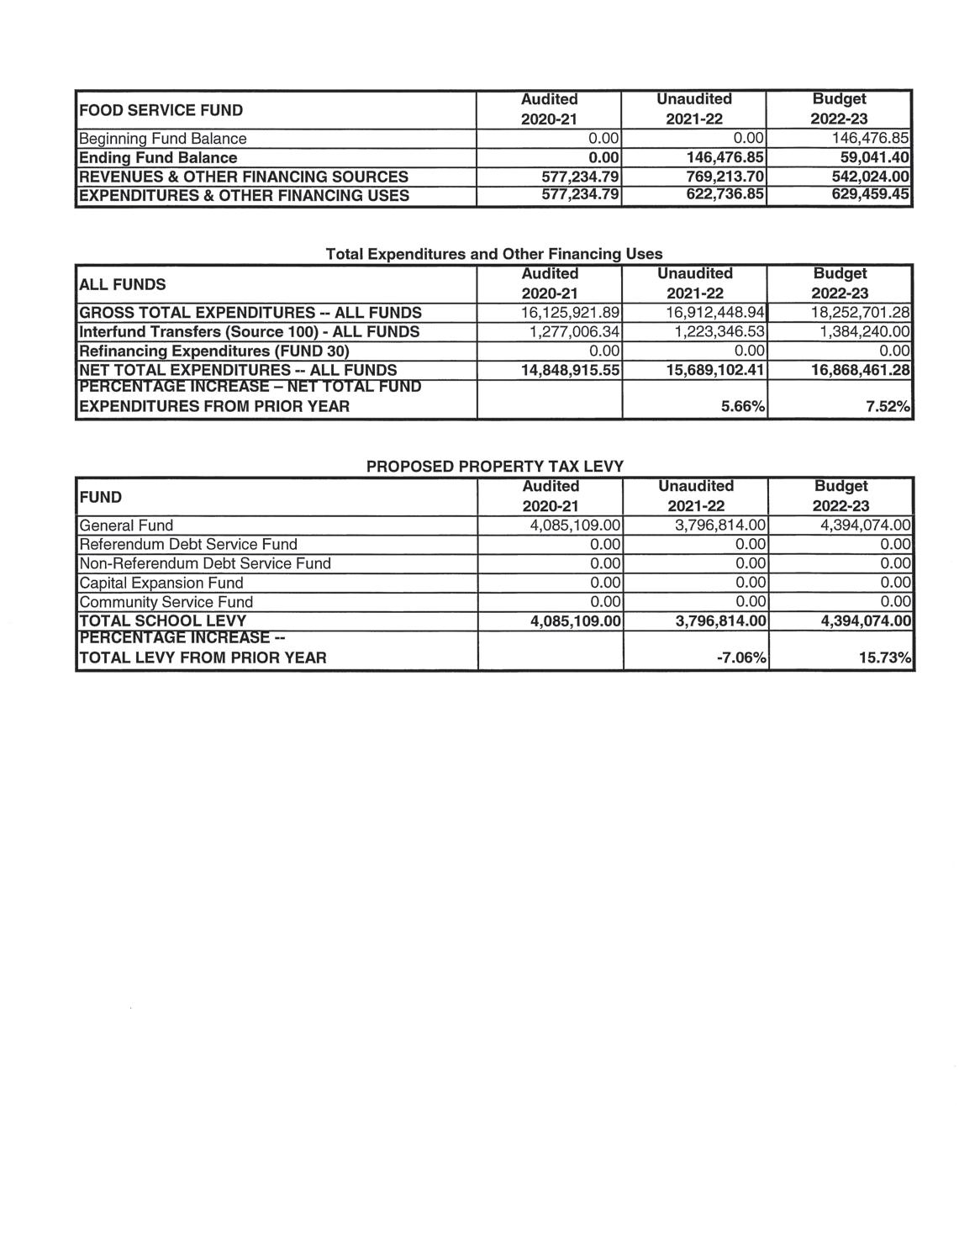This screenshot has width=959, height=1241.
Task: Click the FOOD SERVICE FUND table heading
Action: tap(161, 110)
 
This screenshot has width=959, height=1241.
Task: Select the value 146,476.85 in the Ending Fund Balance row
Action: tap(725, 158)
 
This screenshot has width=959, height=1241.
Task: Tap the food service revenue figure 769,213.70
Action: tap(725, 177)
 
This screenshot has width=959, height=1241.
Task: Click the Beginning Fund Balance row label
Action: tap(162, 139)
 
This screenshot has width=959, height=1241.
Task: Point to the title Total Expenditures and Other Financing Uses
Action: tap(493, 253)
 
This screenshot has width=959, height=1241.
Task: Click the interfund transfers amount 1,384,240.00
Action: tap(865, 332)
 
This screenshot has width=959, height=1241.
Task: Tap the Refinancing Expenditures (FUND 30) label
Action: tap(213, 351)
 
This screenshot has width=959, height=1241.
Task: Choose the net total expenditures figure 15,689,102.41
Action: tap(715, 370)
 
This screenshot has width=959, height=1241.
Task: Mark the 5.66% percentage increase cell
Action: tap(744, 407)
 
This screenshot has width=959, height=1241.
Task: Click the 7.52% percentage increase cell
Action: tap(888, 407)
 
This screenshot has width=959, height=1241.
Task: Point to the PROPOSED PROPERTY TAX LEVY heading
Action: tap(495, 466)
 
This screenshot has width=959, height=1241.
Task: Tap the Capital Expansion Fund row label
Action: tap(161, 583)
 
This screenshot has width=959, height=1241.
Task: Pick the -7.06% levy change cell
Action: tap(741, 657)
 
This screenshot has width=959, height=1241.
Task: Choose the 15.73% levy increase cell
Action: tap(885, 657)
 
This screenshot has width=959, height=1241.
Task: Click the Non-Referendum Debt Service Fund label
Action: tap(204, 563)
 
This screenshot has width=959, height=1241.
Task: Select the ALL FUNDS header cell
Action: tap(122, 284)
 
